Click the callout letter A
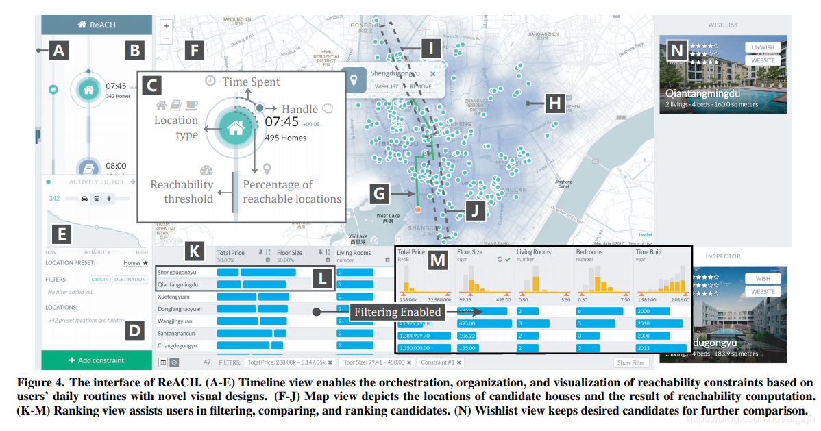coord(59,50)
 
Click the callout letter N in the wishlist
coord(677,50)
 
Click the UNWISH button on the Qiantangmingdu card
coord(763,47)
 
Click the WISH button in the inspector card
coord(763,279)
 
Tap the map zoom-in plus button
coord(167,26)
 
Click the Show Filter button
coord(630,362)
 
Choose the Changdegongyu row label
coord(176,346)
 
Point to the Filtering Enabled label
coord(396,312)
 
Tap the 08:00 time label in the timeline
coord(116,166)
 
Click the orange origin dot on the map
coord(417,210)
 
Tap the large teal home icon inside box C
coord(235,127)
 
